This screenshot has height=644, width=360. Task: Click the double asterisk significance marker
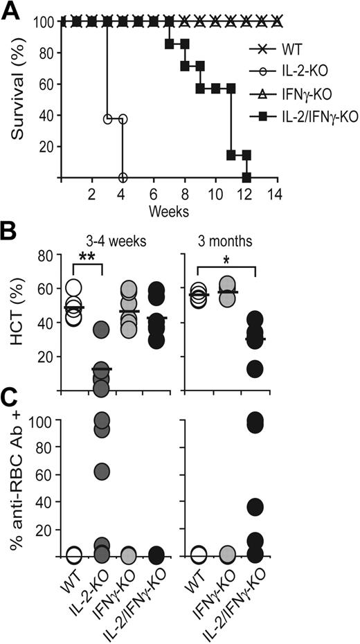click(x=87, y=256)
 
